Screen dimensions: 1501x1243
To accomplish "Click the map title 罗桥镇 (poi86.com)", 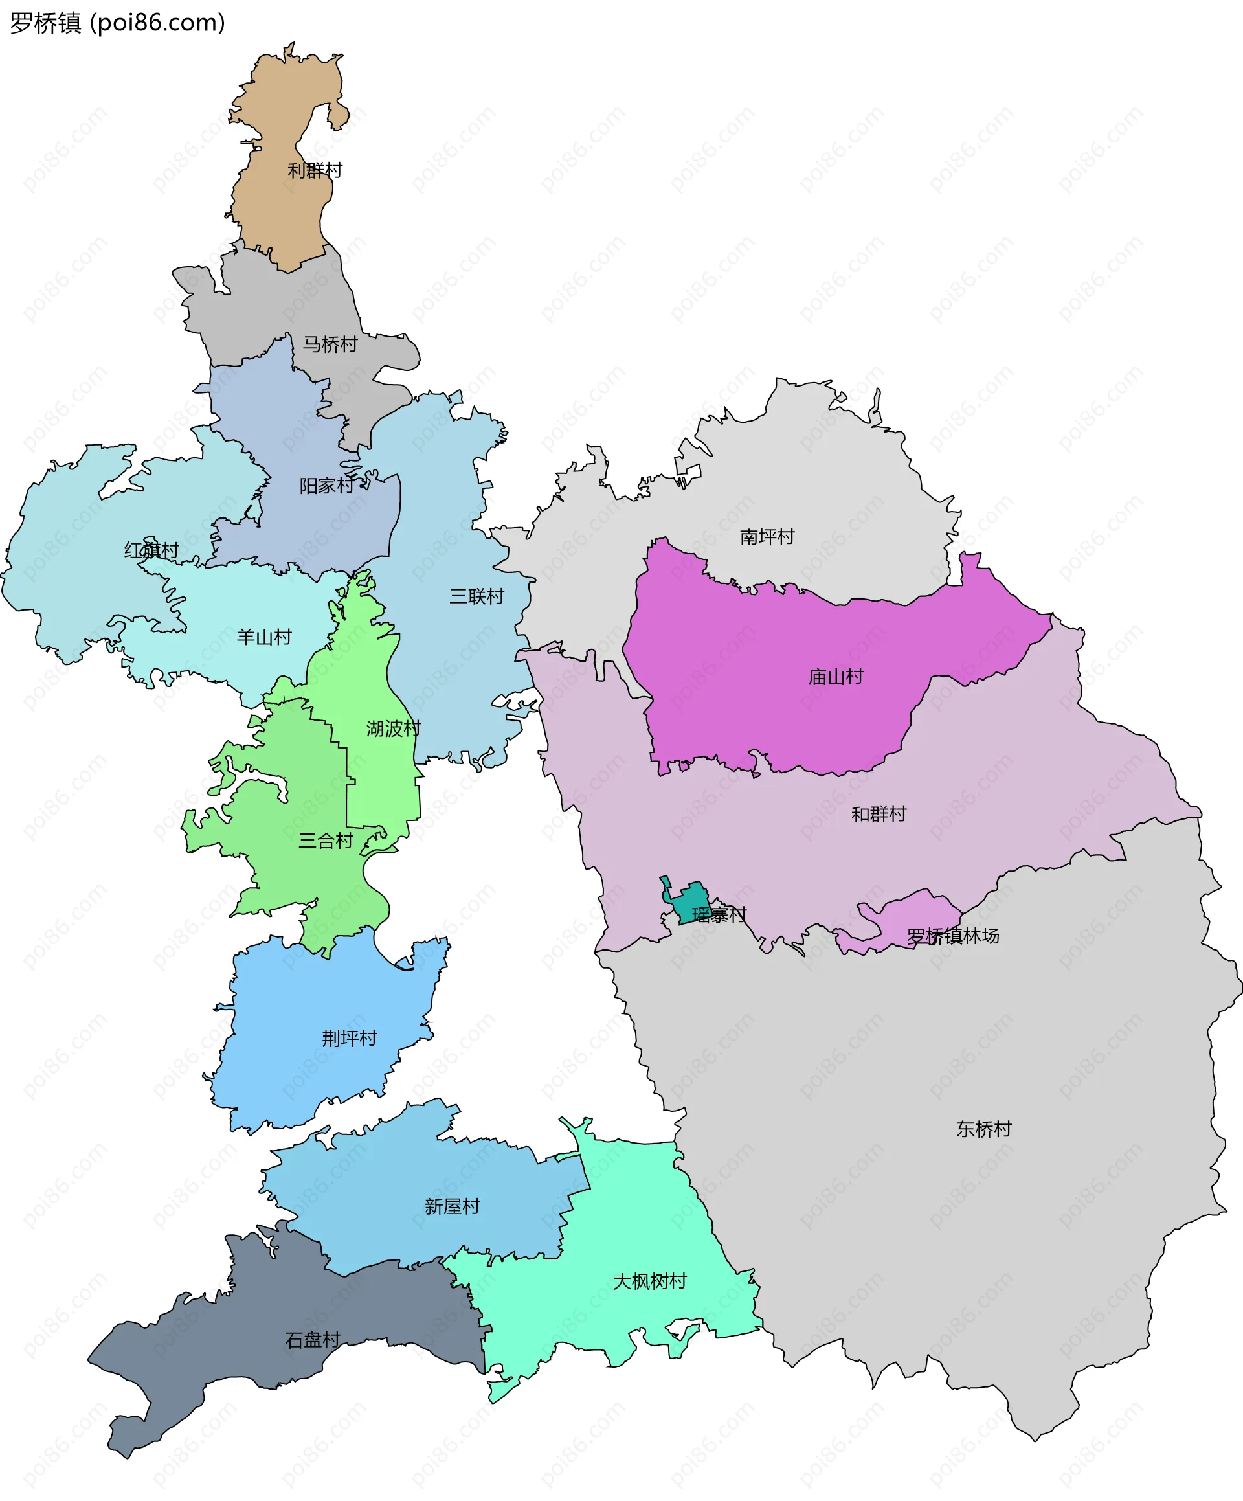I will click(x=117, y=23).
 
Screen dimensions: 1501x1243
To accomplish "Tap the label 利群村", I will click(x=315, y=170).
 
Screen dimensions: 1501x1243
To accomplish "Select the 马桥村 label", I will click(x=330, y=344).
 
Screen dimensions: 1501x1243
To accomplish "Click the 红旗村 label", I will click(x=151, y=550).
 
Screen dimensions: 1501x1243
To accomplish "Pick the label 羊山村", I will click(x=265, y=637).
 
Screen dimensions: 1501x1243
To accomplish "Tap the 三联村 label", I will click(x=476, y=596).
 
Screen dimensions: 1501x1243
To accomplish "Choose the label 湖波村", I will click(x=393, y=728).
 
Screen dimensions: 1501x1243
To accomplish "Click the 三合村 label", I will click(x=326, y=841).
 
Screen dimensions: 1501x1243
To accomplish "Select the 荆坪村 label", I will click(x=350, y=1039).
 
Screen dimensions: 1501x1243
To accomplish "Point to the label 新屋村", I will click(x=452, y=1207).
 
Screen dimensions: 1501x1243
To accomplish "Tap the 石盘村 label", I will click(x=312, y=1340).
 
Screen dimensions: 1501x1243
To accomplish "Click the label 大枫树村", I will click(x=650, y=1281).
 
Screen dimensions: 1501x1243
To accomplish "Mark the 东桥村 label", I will click(x=983, y=1129).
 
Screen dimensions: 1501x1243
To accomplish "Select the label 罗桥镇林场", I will click(x=953, y=936).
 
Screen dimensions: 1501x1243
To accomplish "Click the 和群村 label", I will click(x=879, y=814).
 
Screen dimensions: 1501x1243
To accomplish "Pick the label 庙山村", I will click(x=836, y=676).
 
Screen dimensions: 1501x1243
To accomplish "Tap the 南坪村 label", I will click(x=767, y=536).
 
